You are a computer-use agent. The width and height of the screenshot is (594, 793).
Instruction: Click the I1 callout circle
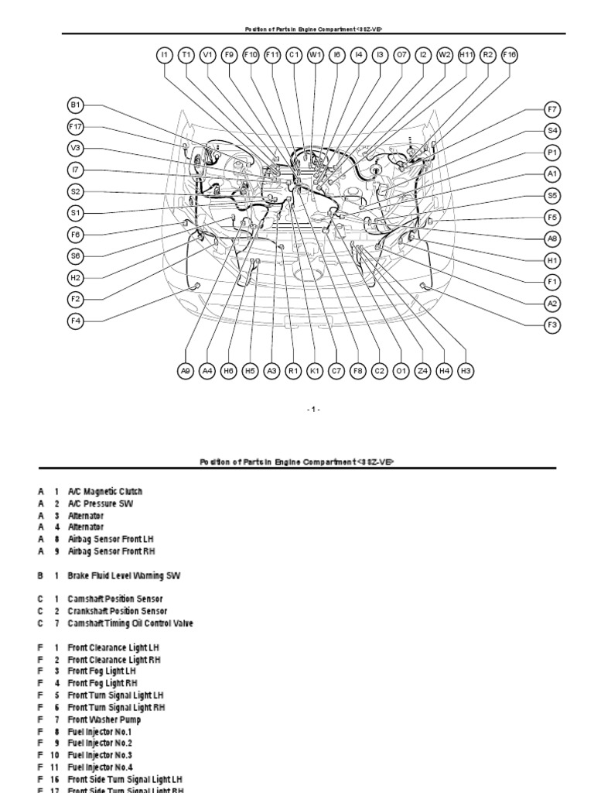164,55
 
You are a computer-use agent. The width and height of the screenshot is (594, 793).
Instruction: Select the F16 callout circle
509,55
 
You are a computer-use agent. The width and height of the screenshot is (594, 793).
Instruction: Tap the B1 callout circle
75,105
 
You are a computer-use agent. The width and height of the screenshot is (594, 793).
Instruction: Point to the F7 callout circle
552,109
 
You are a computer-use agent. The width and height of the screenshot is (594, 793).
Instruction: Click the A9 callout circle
185,372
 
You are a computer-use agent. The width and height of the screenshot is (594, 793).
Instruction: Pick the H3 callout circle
466,372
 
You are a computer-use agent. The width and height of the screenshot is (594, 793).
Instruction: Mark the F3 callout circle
552,325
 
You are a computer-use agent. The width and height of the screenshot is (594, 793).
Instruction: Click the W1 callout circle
315,55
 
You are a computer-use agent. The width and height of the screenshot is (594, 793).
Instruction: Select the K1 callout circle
315,372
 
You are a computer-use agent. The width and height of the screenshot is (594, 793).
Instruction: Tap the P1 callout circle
552,153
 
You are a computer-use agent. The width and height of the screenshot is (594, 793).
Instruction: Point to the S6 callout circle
75,256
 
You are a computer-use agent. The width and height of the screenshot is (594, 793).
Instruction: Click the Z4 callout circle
422,372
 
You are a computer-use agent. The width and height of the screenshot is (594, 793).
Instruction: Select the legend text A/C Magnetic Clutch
104,492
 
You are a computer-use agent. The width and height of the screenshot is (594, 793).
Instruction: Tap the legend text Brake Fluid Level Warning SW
125,575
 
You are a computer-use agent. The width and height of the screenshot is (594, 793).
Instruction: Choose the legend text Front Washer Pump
104,719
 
